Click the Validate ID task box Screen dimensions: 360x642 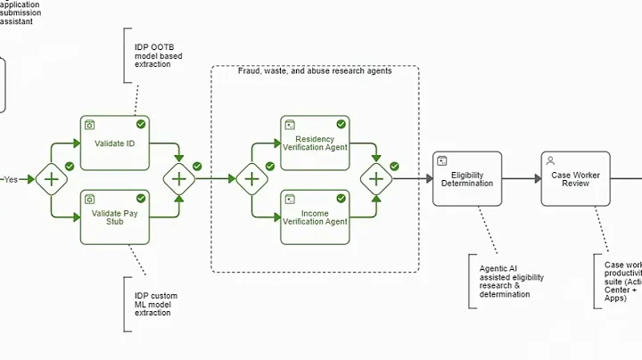[114, 143]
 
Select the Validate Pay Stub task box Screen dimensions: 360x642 [114, 217]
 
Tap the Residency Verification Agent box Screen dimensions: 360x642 [314, 143]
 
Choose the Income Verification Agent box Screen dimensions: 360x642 [314, 217]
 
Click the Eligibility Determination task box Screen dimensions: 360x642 [467, 178]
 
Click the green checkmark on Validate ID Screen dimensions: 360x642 [141, 124]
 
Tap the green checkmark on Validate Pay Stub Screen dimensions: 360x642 [141, 198]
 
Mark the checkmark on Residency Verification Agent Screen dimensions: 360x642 [341, 124]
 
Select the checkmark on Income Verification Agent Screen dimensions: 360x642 [341, 198]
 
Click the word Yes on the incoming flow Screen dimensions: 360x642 [11, 179]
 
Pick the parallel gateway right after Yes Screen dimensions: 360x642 [52, 179]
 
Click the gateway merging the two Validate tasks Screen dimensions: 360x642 [179, 179]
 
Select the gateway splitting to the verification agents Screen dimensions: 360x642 [251, 179]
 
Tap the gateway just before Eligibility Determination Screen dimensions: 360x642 [376, 179]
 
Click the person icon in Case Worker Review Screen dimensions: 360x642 [550, 160]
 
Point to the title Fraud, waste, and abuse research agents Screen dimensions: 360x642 [315, 71]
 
